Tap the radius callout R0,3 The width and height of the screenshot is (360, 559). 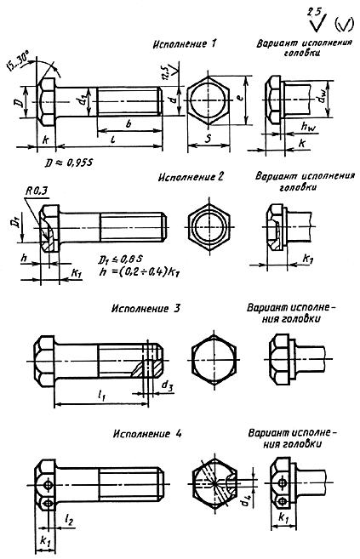(29, 193)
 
